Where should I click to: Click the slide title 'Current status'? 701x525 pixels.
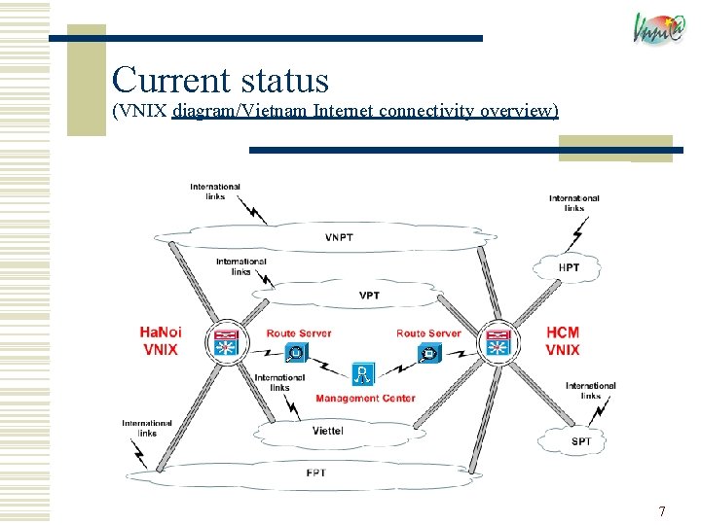coord(220,80)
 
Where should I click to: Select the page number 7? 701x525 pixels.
coord(662,510)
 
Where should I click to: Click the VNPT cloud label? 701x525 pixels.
coord(340,238)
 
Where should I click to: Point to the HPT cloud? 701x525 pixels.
coord(570,266)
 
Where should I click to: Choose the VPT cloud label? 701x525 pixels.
coord(369,295)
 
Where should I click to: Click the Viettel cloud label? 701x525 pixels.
coord(327,431)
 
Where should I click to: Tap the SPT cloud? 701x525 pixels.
coord(580,441)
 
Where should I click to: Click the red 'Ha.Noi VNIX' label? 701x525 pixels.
coord(161,340)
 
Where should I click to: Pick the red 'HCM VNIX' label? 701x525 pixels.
coord(563,340)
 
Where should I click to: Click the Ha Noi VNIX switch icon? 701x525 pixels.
coord(225,341)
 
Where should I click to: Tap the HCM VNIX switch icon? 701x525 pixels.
coord(499,342)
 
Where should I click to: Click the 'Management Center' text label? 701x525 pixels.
coord(365,398)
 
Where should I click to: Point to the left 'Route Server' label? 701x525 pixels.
coord(299,333)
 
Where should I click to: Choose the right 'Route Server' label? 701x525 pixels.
coord(428,333)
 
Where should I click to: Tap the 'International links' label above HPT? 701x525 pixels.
coord(574,202)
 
